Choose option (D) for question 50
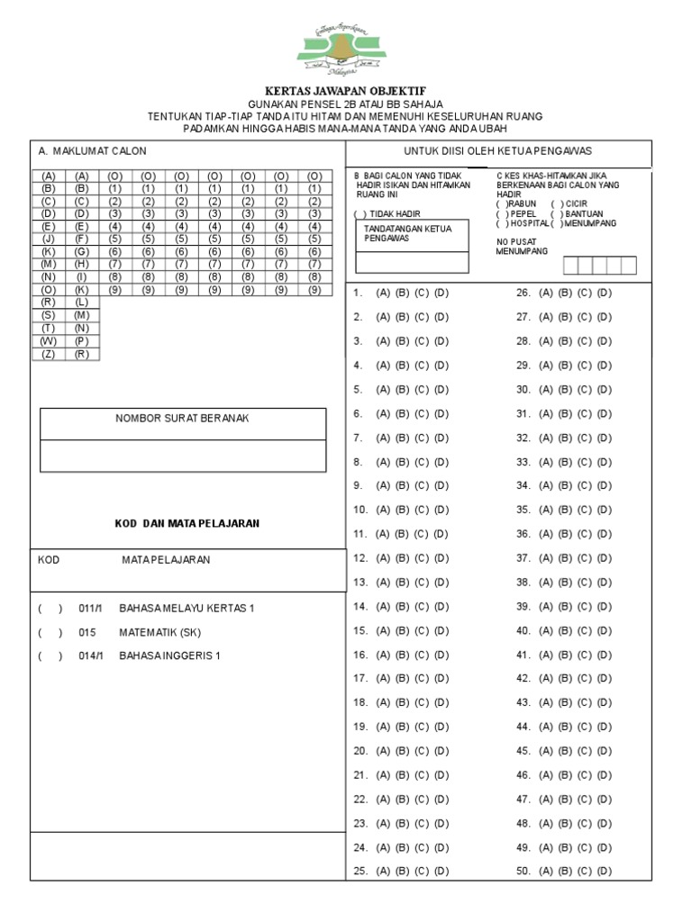pos(604,872)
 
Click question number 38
pos(522,582)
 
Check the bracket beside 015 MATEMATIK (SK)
pos(50,632)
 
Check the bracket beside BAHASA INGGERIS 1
pos(50,655)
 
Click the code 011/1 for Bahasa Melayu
pos(91,609)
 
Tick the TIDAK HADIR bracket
pos(360,213)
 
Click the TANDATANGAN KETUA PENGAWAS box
pos(412,245)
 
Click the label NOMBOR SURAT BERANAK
pos(182,419)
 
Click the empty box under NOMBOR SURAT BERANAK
pos(183,456)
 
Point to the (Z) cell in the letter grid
pos(49,354)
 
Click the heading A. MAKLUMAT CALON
pos(92,150)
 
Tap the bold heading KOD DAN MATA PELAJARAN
pos(187,524)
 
